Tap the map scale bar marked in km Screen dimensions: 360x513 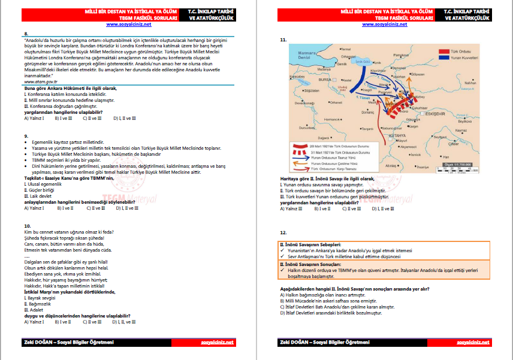coord(455,168)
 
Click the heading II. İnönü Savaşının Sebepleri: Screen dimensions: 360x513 coord(311,244)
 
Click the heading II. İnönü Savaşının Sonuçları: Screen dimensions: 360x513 coord(311,264)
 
